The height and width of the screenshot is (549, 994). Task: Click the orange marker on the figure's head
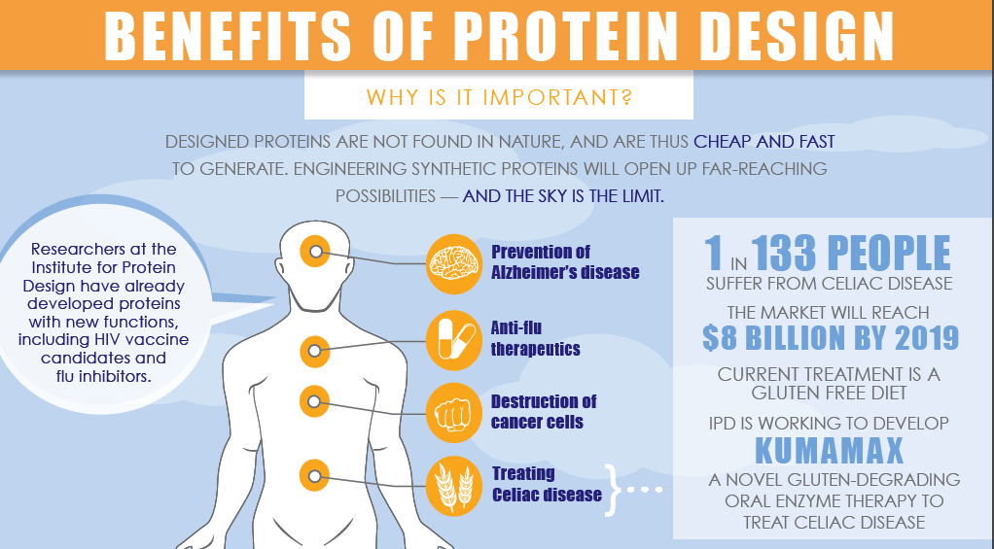click(x=315, y=253)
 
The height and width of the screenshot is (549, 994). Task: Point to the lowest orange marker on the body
click(x=314, y=475)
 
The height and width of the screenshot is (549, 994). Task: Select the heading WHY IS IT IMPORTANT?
click(x=498, y=98)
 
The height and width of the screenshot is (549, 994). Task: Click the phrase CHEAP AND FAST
click(x=764, y=142)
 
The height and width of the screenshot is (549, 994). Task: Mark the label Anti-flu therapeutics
click(x=535, y=338)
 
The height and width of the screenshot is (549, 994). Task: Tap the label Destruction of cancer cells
click(x=543, y=411)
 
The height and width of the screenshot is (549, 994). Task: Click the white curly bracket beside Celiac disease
click(x=612, y=485)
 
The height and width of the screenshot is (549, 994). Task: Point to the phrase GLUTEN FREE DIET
click(x=830, y=395)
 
